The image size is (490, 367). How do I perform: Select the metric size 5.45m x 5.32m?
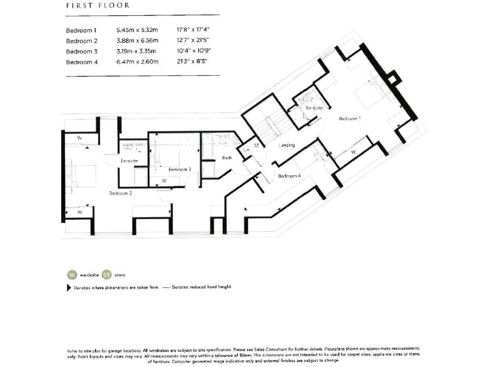coord(137,30)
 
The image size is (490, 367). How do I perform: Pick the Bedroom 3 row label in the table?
coord(81,51)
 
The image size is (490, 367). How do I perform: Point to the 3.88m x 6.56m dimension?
coord(137,41)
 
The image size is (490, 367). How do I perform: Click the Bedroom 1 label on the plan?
coord(350,119)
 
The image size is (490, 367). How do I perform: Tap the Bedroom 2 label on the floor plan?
coord(120,192)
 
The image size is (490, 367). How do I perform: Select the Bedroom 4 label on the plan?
coord(289,175)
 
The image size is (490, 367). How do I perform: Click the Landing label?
coord(286,145)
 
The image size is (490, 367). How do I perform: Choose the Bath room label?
coord(226,157)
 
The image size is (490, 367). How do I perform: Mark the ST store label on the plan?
coord(257,146)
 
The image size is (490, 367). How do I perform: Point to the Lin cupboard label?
coord(246,150)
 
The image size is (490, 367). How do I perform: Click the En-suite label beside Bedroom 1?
coord(313,108)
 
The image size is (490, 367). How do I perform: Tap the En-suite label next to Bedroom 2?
coord(130,161)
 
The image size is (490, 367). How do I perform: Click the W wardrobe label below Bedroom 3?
coord(164,181)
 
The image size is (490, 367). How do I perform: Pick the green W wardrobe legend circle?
coord(71,275)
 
